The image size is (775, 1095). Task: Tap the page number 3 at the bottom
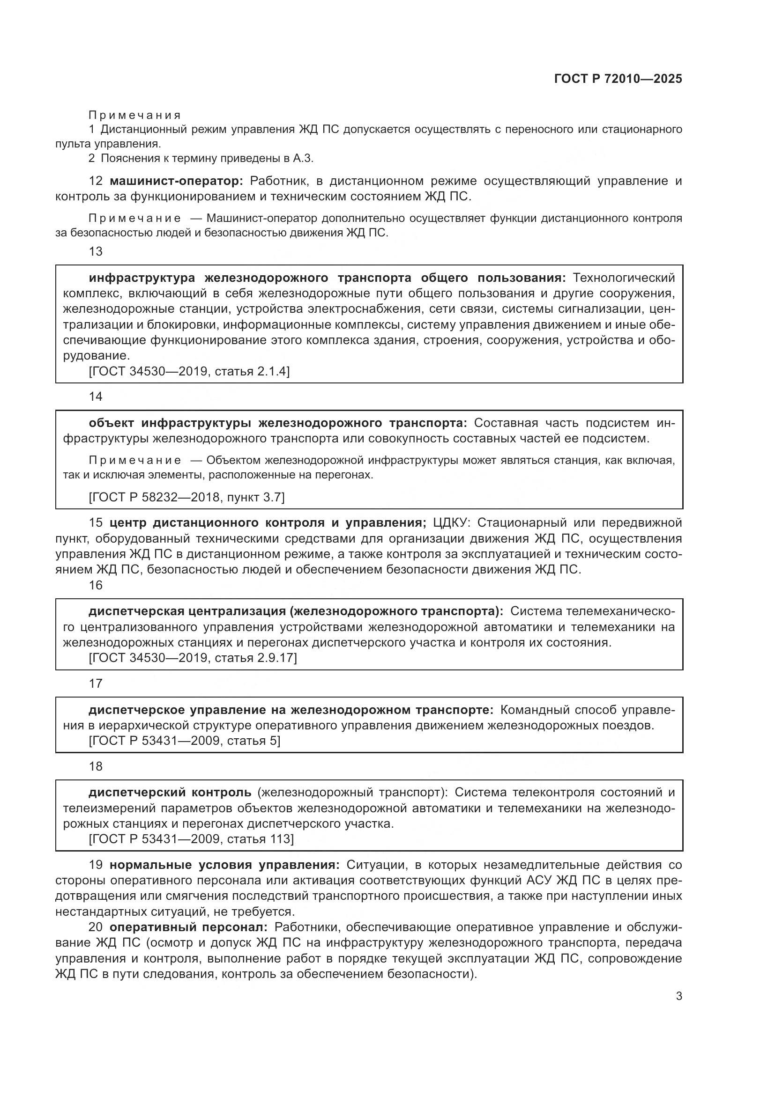pos(678,996)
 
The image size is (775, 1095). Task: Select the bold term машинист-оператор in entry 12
pos(176,181)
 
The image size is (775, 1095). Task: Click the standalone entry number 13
pos(96,251)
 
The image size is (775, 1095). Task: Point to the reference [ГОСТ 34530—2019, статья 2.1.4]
pos(189,371)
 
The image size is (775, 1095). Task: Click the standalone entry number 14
pos(96,397)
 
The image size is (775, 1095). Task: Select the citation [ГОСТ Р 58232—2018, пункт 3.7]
pos(186,498)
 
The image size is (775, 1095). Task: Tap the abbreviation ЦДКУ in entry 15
pos(451,523)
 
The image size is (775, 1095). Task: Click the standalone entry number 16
pos(96,585)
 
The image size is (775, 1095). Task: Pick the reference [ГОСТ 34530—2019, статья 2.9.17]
pos(193,658)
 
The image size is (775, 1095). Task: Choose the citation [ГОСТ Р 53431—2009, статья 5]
pos(185,741)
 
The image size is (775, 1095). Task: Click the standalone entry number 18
pos(96,766)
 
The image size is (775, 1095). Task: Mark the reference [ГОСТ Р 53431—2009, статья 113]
pos(191,839)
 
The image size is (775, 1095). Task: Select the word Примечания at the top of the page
pos(135,115)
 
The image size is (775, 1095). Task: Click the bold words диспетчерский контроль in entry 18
pos(170,793)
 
